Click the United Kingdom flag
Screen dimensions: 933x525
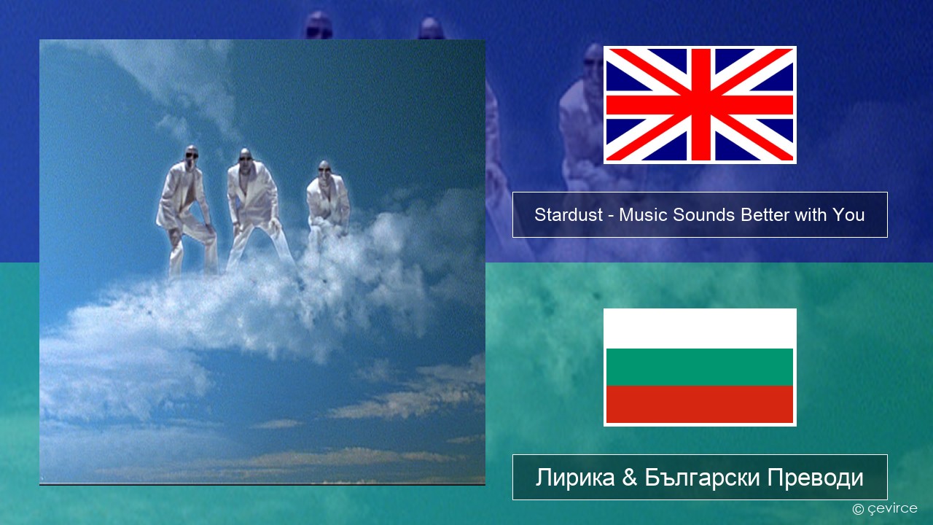[x=700, y=104]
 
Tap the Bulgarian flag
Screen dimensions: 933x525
[x=700, y=367]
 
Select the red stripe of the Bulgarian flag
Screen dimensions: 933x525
[x=700, y=404]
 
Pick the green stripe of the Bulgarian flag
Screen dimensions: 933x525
[x=700, y=367]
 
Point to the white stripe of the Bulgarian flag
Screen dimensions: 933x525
[x=700, y=329]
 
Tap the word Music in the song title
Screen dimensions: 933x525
[x=644, y=215]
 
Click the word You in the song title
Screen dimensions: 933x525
[x=848, y=215]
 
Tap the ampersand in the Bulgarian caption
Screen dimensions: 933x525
[x=630, y=478]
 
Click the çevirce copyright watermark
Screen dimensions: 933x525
[x=884, y=509]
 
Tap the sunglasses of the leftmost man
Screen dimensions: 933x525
[x=192, y=156]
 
